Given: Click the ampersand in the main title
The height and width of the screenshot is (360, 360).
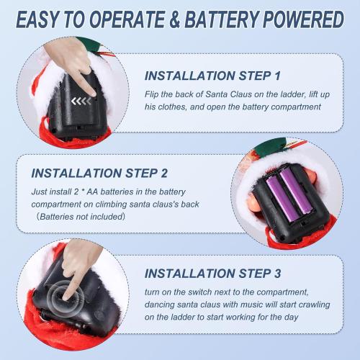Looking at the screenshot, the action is pos(176,19).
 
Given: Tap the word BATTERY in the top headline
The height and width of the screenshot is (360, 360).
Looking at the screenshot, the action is pos(222,19).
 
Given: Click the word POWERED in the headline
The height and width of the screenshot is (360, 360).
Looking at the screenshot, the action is pos(304,19).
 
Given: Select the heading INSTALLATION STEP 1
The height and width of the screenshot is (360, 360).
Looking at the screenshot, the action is pos(212,76).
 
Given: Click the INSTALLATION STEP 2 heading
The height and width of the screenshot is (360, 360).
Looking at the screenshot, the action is pos(99,173).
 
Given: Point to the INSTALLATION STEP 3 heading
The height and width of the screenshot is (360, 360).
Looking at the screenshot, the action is pos(212,274).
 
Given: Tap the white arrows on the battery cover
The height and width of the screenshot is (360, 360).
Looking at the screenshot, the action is pos(81,102).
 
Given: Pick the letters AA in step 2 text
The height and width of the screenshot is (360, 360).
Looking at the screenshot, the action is pos(92,192).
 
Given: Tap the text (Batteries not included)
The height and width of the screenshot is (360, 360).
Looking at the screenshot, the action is pos(81,217).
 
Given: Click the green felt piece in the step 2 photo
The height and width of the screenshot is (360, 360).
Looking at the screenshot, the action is pos(270,145).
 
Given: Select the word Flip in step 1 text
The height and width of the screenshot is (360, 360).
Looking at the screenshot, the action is pos(151,94).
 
